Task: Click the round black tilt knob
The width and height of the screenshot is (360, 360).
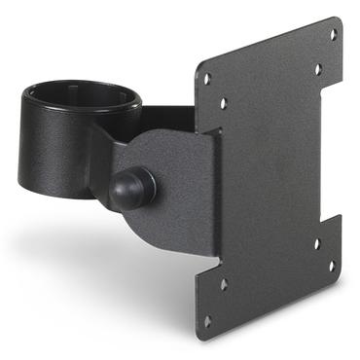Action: (x=132, y=188)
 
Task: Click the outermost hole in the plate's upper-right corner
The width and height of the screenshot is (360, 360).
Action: (x=333, y=34)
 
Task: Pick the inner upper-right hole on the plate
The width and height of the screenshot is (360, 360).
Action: (x=316, y=69)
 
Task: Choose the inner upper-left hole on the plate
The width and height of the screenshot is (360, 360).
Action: (x=223, y=102)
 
